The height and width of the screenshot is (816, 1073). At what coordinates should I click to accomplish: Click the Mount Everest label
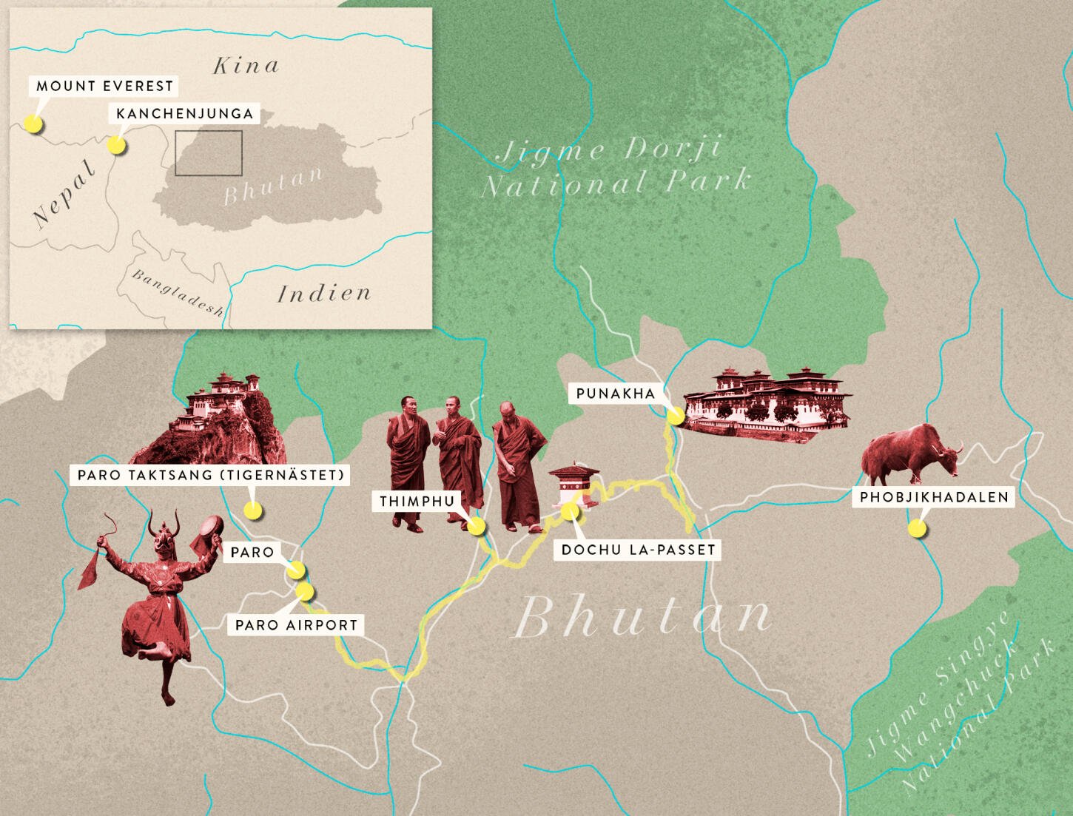tap(104, 86)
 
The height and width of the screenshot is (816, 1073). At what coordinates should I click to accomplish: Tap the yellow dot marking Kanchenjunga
tap(115, 145)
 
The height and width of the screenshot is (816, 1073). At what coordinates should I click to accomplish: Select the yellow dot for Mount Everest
tap(33, 124)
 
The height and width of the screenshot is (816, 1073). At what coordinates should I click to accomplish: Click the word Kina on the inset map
tap(246, 66)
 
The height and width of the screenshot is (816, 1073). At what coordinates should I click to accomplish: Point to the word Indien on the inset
tap(324, 294)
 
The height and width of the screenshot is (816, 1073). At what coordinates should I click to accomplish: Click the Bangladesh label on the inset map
tap(178, 292)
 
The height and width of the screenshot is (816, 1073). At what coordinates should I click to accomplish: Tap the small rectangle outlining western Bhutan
tap(209, 153)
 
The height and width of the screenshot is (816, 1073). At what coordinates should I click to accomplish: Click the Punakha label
tap(616, 393)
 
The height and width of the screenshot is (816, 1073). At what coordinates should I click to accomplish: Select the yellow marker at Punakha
tap(675, 416)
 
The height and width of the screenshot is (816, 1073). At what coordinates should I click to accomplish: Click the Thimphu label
tap(417, 501)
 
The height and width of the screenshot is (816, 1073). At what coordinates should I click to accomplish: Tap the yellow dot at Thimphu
tap(476, 527)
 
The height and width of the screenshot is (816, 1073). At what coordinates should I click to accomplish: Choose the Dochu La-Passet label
tap(639, 550)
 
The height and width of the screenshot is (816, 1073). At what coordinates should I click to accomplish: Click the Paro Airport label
tap(296, 624)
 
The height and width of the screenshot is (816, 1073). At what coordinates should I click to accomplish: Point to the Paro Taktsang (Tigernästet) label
tap(212, 474)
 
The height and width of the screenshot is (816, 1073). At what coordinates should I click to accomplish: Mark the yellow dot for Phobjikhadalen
tap(916, 528)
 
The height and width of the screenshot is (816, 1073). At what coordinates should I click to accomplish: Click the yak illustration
tap(911, 453)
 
